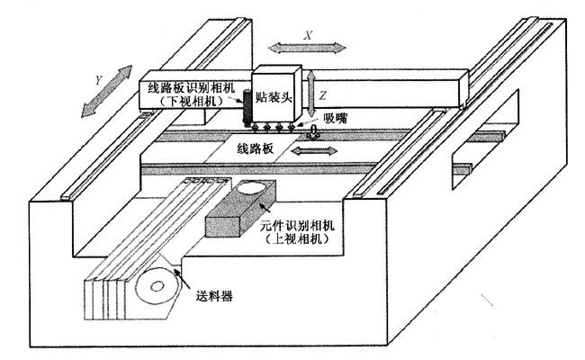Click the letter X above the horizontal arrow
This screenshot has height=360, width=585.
pos(308,35)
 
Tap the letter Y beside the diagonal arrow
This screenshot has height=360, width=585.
pos(98,80)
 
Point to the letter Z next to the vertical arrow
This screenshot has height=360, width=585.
pos(322,95)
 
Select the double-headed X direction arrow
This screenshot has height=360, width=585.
pos(307,48)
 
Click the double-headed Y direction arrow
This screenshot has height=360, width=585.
pos(107,91)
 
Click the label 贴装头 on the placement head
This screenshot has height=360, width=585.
pos(274,98)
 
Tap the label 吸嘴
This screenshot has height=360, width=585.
pos(336,119)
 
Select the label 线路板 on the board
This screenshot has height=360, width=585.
pos(256,148)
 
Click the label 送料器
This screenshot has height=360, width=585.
pos(214,296)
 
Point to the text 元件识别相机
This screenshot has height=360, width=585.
pos(297,226)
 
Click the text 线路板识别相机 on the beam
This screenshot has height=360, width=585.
pos(192,87)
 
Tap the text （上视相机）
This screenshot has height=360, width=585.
pos(298,238)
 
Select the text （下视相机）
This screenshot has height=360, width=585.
pos(192,101)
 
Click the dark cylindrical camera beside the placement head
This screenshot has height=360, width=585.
pos(247,108)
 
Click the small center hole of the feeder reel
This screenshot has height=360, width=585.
pos(157,286)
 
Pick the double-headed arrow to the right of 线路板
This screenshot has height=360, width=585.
pos(314,150)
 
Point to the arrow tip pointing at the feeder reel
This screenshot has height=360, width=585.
pos(174,268)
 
